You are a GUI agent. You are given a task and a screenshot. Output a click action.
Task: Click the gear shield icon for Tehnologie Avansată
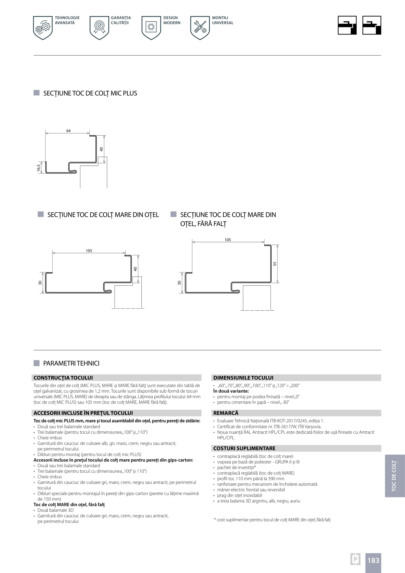coord(43,28)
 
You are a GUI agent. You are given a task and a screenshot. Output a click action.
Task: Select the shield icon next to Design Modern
coord(151,28)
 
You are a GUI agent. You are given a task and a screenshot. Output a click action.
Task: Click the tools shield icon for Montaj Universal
coord(200,28)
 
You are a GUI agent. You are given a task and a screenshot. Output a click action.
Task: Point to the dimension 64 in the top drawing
coord(68,131)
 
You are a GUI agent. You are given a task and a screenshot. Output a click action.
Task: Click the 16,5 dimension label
coord(39,168)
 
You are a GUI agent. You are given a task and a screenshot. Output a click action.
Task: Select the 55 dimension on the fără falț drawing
coord(275,264)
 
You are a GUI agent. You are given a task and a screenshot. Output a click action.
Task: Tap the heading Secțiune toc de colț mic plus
coord(90,93)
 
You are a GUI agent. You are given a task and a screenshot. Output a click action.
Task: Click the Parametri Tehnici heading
coord(71,363)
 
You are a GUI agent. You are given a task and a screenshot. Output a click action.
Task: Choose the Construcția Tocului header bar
coord(117,378)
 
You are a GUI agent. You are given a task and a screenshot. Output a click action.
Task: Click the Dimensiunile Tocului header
coord(297,378)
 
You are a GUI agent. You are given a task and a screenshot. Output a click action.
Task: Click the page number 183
coord(373,560)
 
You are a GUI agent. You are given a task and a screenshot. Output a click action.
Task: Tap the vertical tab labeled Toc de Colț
coord(394,476)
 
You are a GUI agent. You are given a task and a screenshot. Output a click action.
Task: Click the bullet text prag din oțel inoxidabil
coord(239,495)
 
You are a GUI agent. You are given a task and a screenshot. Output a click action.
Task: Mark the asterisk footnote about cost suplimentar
coord(272,520)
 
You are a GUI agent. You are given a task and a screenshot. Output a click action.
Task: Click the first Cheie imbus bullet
coord(50,438)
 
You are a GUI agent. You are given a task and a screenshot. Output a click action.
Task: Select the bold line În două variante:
coord(231,391)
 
